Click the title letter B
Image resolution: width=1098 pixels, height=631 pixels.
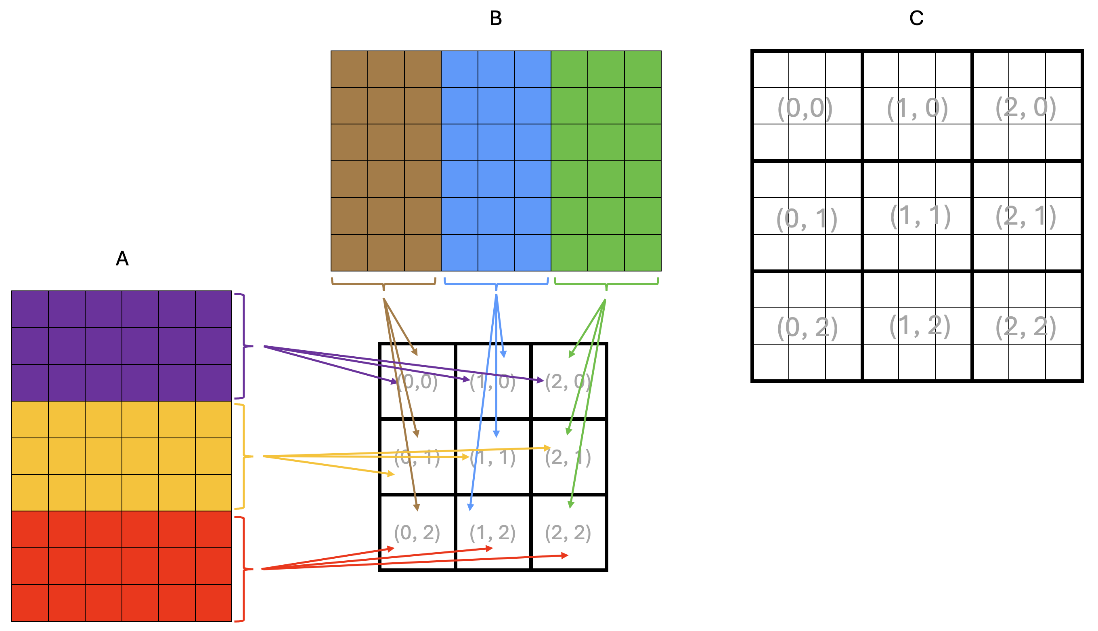pos(496,18)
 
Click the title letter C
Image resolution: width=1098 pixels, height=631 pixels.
pos(916,18)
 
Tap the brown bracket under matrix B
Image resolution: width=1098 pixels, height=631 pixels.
pos(383,284)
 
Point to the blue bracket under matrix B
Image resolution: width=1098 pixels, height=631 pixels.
pos(496,284)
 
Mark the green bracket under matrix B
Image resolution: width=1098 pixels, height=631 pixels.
pos(606,284)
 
